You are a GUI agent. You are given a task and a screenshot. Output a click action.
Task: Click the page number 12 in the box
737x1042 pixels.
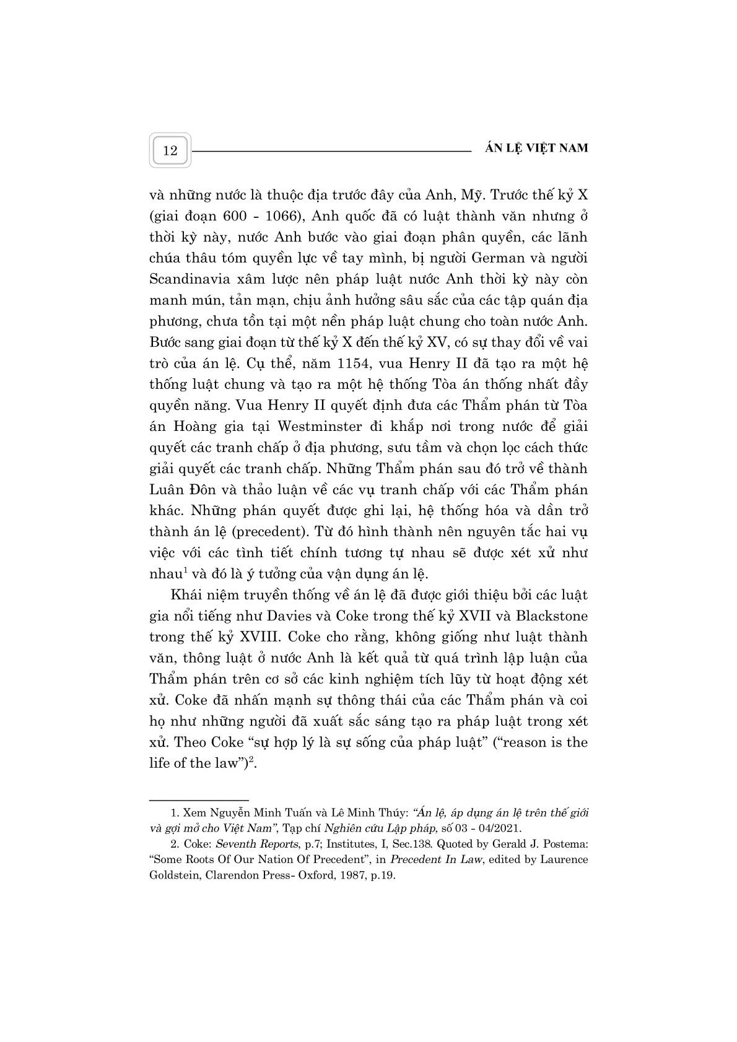[170, 150]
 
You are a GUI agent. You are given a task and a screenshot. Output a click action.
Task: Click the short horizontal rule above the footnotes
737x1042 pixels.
[199, 800]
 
